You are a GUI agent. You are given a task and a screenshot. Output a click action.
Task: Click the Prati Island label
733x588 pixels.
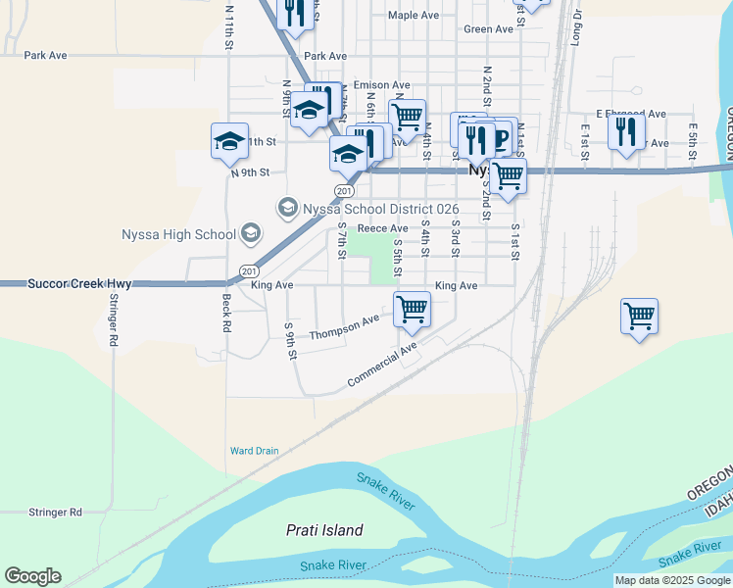(x=323, y=530)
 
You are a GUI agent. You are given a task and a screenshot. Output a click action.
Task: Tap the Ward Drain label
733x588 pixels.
(x=254, y=451)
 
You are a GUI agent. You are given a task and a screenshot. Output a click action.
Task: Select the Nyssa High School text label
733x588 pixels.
(x=178, y=234)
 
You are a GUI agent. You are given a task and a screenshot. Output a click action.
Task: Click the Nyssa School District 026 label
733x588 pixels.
(x=366, y=208)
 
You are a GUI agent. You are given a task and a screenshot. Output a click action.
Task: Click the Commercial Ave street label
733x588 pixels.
(x=381, y=365)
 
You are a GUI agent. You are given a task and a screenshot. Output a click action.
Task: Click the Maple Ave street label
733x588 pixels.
(x=413, y=15)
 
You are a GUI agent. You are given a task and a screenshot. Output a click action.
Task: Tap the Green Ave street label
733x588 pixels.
(x=488, y=29)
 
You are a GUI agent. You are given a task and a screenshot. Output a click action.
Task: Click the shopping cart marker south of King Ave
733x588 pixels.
(x=412, y=309)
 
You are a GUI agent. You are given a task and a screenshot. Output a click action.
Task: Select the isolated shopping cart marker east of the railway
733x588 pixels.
(x=639, y=316)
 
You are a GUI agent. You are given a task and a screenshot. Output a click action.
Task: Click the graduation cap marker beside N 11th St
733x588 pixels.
(x=229, y=141)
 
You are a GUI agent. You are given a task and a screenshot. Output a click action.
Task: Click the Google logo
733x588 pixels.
(x=32, y=576)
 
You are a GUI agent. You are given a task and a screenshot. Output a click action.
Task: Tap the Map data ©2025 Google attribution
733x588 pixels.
(x=673, y=580)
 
